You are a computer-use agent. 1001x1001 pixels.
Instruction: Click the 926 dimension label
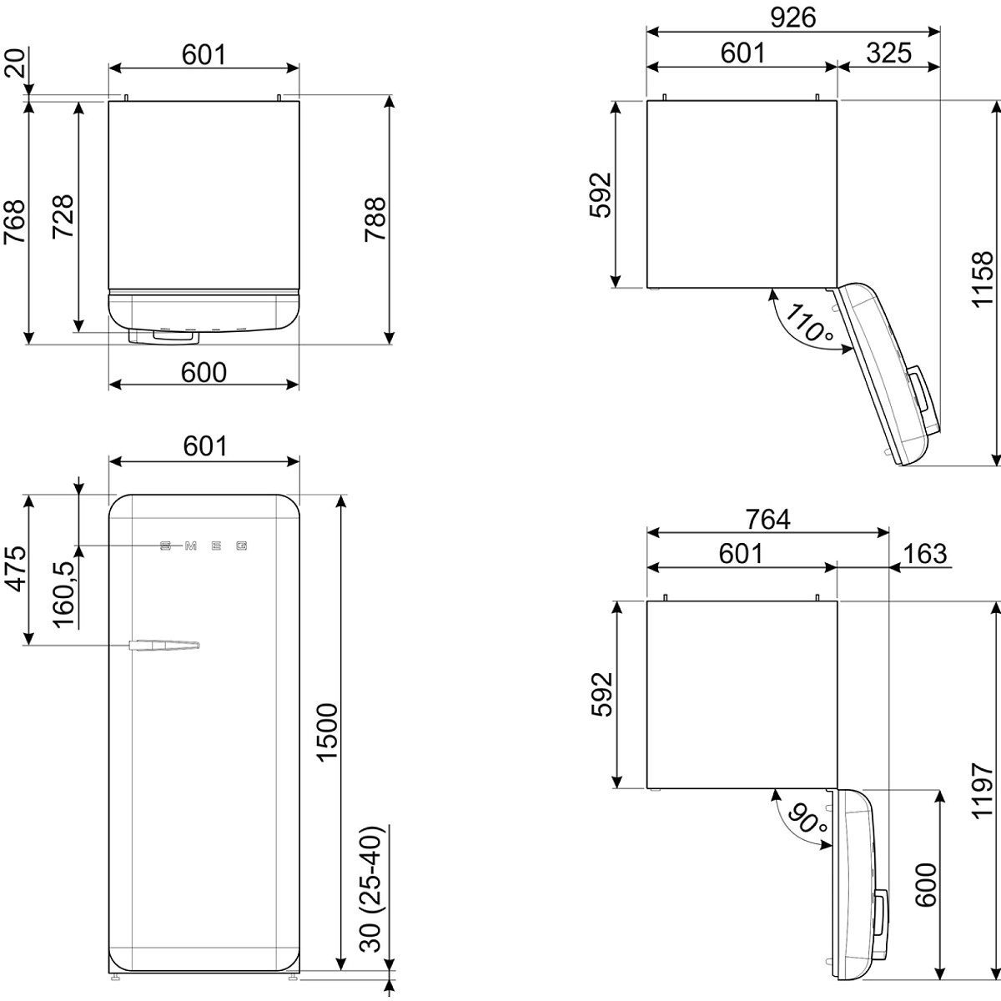(x=792, y=18)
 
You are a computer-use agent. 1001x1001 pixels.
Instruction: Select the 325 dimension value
(x=888, y=53)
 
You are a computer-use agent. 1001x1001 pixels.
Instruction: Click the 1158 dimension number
(x=982, y=279)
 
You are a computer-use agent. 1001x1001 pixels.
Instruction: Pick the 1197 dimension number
(x=982, y=791)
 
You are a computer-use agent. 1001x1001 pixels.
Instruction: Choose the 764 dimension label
(x=767, y=519)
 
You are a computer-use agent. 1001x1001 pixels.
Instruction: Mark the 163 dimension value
(x=925, y=554)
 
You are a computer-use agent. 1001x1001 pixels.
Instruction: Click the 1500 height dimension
(x=327, y=733)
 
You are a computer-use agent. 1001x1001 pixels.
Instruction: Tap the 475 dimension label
(x=15, y=569)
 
